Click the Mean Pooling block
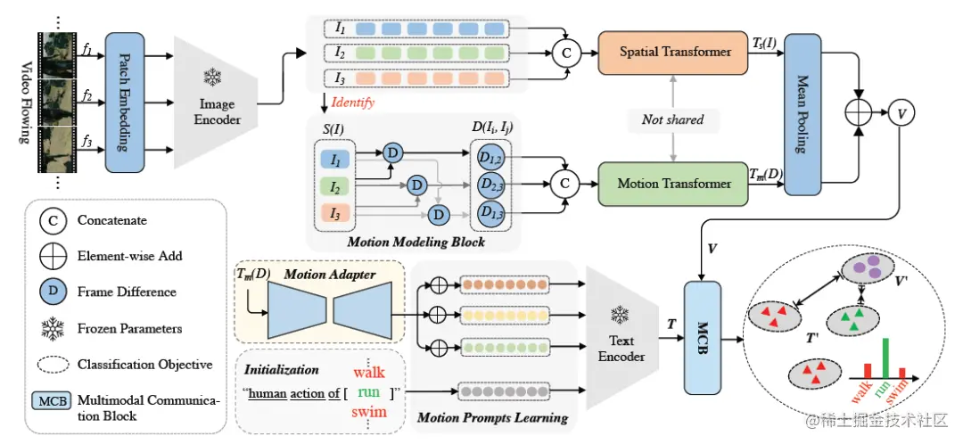tap(802, 112)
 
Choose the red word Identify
tap(352, 103)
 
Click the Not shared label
tap(672, 119)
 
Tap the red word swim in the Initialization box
tap(370, 411)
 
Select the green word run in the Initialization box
tap(369, 391)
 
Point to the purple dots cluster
tap(866, 268)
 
